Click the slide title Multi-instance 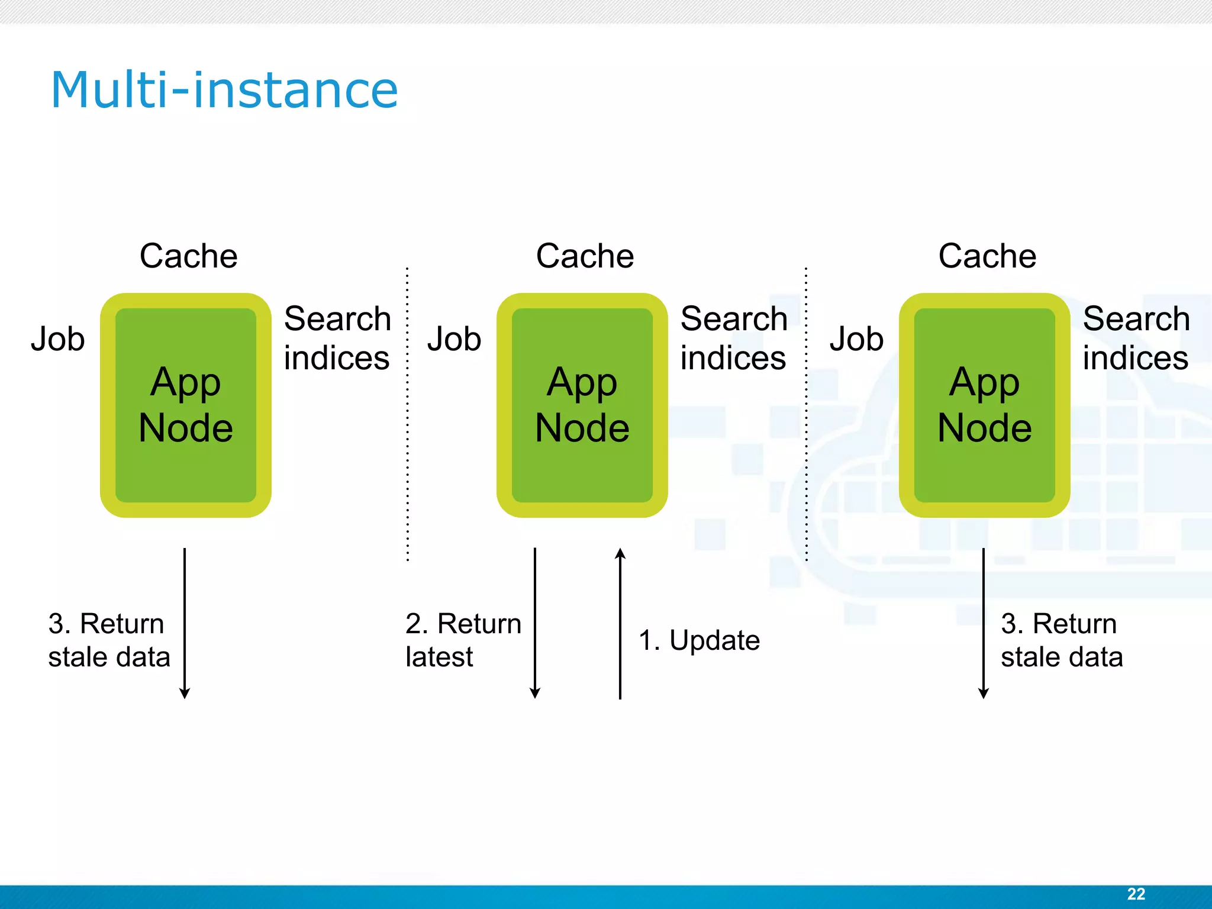pos(224,90)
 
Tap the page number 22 pos(1136,894)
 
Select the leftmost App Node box pos(185,405)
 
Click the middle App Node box pos(582,405)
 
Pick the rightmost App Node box pos(984,405)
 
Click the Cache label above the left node pos(188,256)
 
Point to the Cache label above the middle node pos(585,256)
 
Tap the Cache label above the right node pos(987,256)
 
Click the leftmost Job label pos(58,339)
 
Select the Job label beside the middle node pos(454,339)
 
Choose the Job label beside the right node pos(856,339)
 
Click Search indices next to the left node pos(337,338)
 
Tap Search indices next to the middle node pos(733,338)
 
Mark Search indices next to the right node pos(1136,338)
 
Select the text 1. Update pos(699,640)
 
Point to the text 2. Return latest pos(463,640)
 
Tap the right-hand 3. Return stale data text pos(1061,640)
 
